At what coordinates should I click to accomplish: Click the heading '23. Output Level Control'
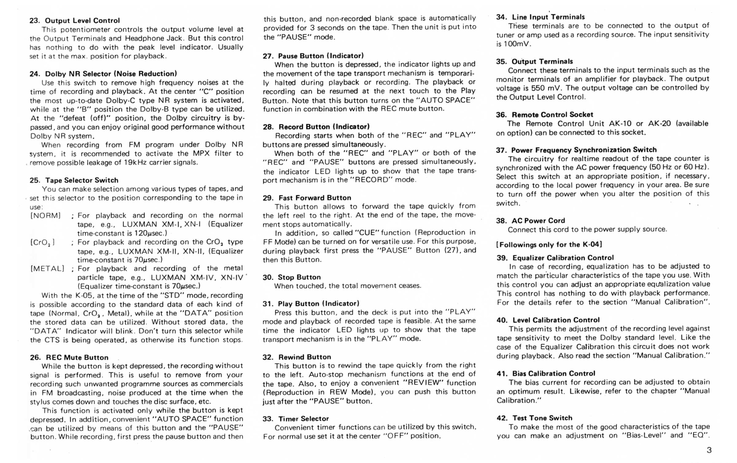74,21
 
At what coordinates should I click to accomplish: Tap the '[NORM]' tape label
45,215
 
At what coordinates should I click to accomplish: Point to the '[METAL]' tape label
47,269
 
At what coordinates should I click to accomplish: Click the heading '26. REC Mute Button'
69,357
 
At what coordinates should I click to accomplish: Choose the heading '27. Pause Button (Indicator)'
313,56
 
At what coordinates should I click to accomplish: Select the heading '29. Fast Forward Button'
307,198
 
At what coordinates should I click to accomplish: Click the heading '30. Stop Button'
291,277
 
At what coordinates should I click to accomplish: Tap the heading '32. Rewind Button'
297,357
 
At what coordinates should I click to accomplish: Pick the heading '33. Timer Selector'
296,418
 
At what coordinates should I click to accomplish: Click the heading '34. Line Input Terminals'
541,17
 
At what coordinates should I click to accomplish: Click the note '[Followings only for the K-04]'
549,245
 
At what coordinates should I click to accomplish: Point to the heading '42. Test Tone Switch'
534,418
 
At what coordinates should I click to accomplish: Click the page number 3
709,450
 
